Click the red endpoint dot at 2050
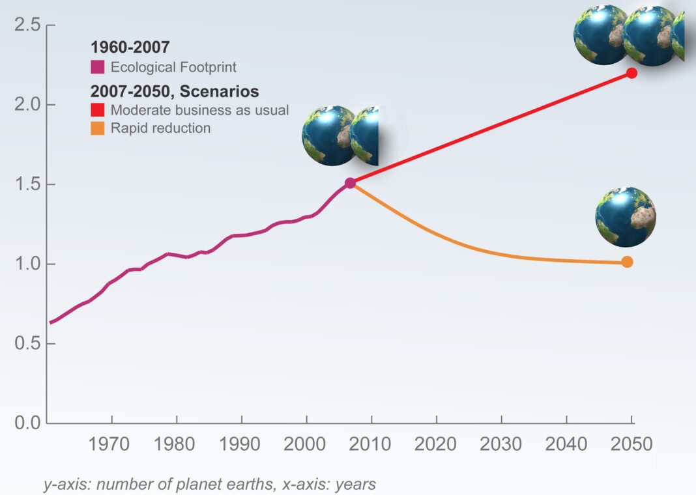[x=631, y=73]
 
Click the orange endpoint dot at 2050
[x=627, y=262]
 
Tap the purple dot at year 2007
[x=350, y=183]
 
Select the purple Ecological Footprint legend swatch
[x=98, y=67]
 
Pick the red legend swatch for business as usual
[x=98, y=110]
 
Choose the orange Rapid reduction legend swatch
[x=98, y=128]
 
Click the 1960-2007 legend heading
[x=130, y=48]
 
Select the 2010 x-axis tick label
[x=370, y=445]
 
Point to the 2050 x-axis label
[x=630, y=445]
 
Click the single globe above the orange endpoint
[x=626, y=217]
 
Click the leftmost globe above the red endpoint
[x=601, y=35]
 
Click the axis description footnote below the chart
[x=210, y=485]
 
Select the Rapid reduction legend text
[x=160, y=128]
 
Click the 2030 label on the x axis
[x=500, y=445]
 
